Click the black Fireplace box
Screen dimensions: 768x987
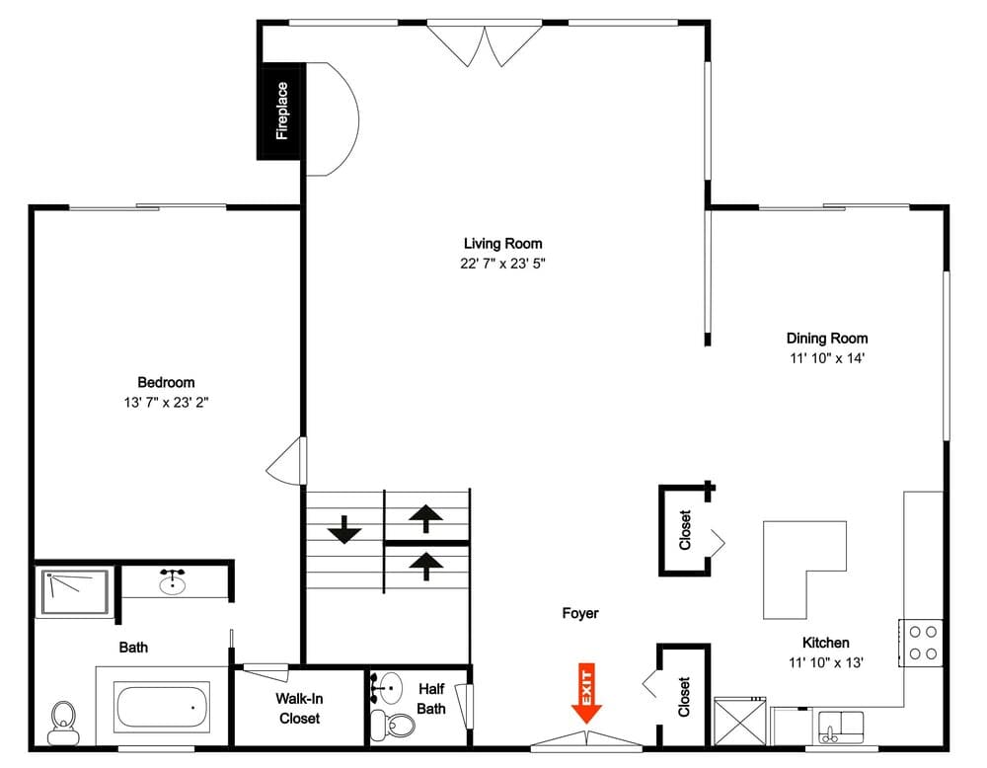[281, 111]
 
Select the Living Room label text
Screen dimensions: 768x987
[502, 244]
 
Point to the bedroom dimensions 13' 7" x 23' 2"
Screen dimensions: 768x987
[166, 402]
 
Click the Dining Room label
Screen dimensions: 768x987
[826, 339]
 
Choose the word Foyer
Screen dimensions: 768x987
[579, 613]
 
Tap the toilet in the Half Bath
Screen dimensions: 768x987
[400, 723]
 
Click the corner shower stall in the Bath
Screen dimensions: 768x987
[74, 592]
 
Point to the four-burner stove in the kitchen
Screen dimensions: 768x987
[922, 642]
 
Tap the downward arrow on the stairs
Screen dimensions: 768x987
[343, 530]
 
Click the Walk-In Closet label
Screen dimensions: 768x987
[298, 709]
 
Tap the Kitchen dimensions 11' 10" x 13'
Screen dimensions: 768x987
[825, 662]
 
